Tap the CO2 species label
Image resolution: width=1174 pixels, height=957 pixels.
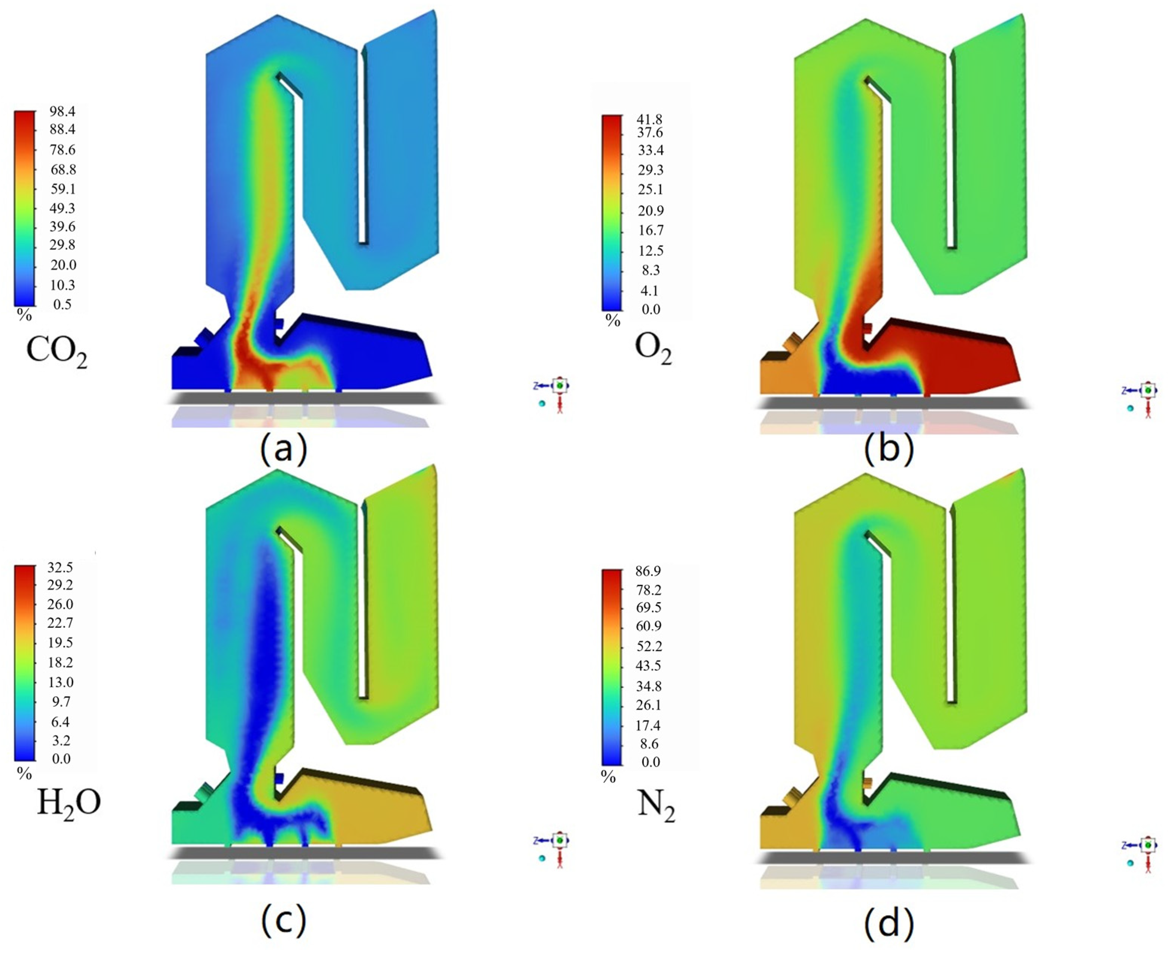pyautogui.click(x=57, y=351)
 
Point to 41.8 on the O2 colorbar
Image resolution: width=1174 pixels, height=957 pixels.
pyautogui.click(x=651, y=120)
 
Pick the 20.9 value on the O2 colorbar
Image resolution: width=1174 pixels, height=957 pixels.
pyautogui.click(x=651, y=210)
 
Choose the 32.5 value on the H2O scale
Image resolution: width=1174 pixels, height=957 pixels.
pyautogui.click(x=61, y=567)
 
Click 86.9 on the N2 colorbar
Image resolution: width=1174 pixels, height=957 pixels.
pyautogui.click(x=648, y=571)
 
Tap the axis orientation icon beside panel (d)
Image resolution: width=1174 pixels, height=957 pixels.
pyautogui.click(x=1142, y=853)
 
